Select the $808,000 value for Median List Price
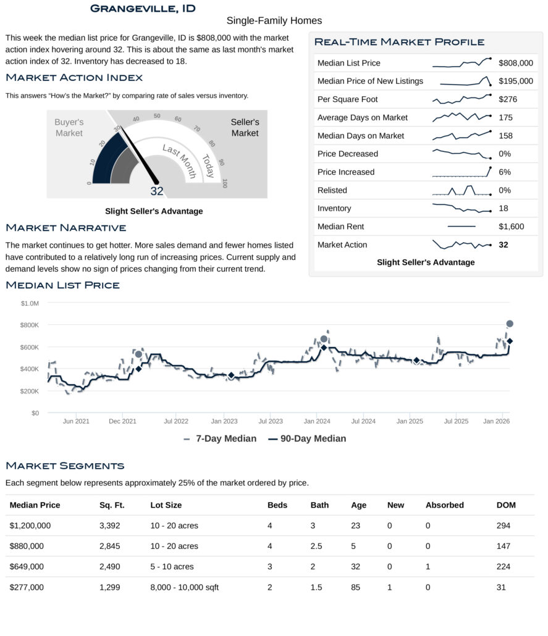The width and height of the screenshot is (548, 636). pos(516,63)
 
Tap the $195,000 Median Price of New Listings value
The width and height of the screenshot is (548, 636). pos(516,81)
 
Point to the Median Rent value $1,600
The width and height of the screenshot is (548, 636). pos(511,227)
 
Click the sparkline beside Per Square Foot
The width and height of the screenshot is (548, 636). pos(462,99)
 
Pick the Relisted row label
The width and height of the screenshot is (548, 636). pos(332,190)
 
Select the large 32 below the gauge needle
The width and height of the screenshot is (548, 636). pos(157,191)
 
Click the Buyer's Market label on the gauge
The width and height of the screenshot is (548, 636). pos(69,127)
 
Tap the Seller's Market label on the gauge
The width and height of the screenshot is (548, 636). pos(245,127)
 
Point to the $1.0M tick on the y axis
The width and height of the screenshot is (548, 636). pos(30,303)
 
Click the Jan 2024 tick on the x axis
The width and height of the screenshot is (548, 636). pos(316,421)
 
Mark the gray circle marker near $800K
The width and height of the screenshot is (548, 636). pos(510,324)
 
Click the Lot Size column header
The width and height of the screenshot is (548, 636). pos(166,505)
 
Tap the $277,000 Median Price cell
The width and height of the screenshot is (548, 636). pos(27,587)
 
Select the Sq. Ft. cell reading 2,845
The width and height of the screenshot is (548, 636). pos(110,546)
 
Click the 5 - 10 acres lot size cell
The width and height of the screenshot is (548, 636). pos(172,567)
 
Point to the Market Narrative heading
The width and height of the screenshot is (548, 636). pos(66,228)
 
